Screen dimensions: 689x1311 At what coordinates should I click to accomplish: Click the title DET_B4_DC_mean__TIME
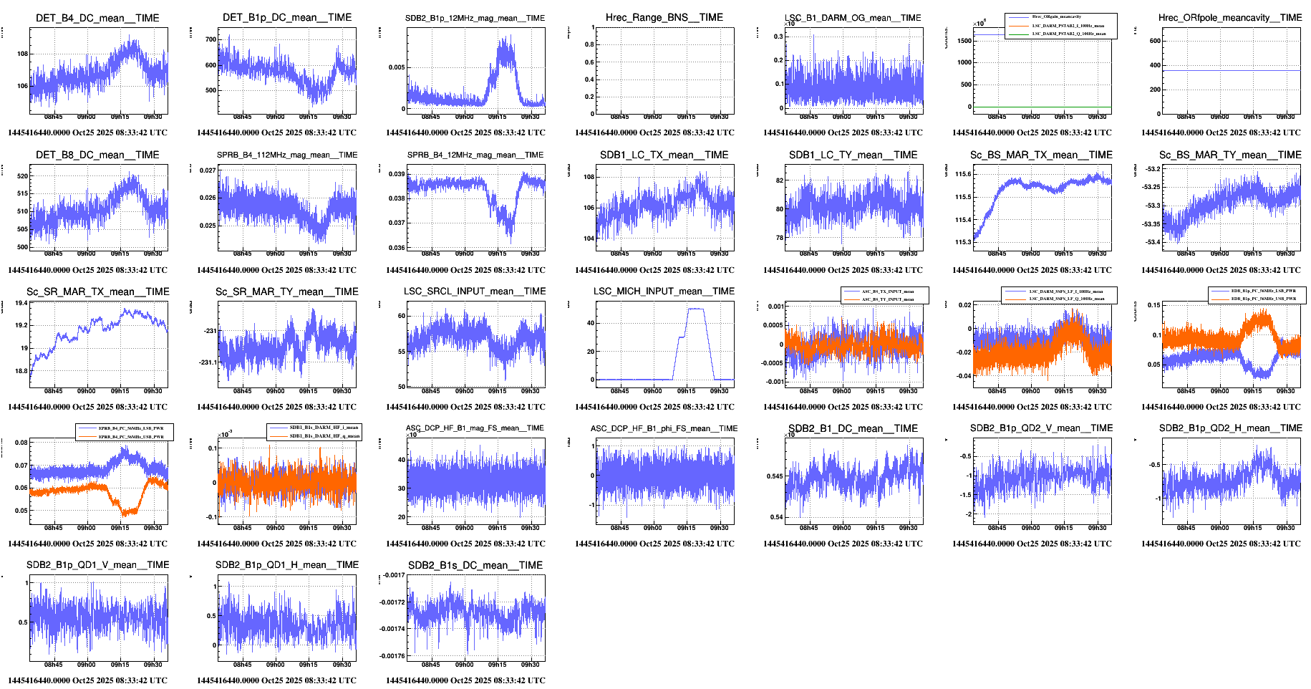tap(97, 18)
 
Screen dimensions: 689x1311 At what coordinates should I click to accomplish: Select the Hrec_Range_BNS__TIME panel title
tap(664, 17)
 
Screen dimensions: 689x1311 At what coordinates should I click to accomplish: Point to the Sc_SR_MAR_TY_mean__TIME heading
tap(286, 291)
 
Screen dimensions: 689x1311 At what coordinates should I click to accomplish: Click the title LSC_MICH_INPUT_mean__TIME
tap(664, 291)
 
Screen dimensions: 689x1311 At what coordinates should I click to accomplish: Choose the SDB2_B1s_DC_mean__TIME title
tap(475, 565)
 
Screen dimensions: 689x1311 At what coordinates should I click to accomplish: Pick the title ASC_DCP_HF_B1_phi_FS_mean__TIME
tap(664, 428)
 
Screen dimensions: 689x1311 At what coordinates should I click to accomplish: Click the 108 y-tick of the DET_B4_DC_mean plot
tap(23, 54)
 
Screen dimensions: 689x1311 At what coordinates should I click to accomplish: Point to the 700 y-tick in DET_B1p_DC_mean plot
tap(211, 39)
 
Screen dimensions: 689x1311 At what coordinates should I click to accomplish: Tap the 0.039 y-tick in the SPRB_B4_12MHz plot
tap(397, 174)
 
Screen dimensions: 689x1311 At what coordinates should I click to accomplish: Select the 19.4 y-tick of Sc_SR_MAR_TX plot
tap(21, 303)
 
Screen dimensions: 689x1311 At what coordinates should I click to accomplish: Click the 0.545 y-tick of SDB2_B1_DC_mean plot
tap(775, 476)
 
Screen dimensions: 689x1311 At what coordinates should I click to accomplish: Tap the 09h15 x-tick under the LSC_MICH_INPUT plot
tap(686, 391)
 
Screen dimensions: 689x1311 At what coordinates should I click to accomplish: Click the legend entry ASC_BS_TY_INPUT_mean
tap(887, 299)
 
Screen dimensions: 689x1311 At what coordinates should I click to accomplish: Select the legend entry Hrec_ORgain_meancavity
tap(1056, 16)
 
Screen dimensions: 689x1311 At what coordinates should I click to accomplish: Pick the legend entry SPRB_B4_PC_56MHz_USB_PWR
tap(131, 436)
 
